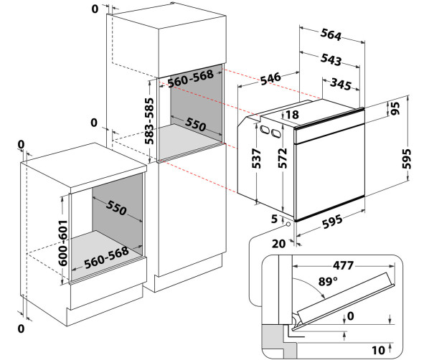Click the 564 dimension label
pos(331,34)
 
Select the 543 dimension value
pos(331,60)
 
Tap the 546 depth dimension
pos(270,78)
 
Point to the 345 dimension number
pos(341,84)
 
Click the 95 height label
pos(395,108)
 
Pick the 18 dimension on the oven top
pos(292,115)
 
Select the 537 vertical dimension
pos(257,158)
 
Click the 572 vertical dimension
pos(283,158)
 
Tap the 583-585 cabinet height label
pos(149,121)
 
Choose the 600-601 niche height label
pos(63,243)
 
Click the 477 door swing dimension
pos(343,265)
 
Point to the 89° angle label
pos(328,281)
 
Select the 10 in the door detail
pos(378,350)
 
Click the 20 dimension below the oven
pos(278,243)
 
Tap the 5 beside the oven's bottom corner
pos(274,219)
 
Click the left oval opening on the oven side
pos(265,129)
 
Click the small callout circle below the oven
pos(288,224)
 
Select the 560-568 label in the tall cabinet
pos(190,78)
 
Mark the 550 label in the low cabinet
pos(116,208)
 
